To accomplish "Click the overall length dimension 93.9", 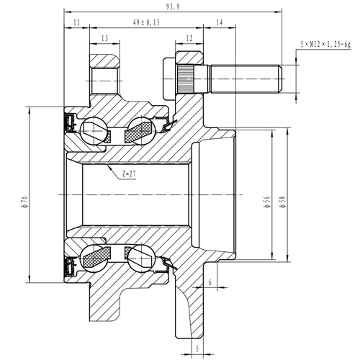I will point(172,6).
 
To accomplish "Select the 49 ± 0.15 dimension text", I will point(148,23).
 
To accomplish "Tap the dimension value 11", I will point(77,23).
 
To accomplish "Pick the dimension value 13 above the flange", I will point(104,38).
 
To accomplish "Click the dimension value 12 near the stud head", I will point(189,38).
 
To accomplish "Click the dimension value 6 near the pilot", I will point(210,283).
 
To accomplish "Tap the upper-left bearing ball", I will point(94,130).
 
